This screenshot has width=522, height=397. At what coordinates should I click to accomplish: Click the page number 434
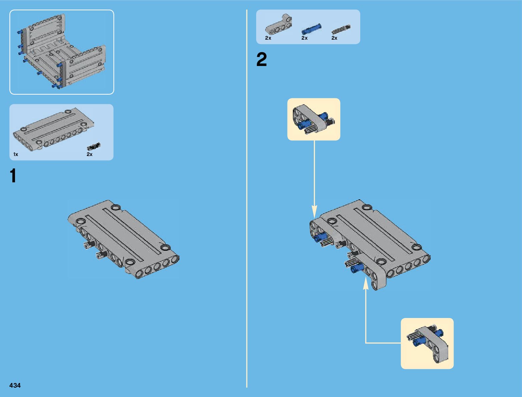(x=15, y=385)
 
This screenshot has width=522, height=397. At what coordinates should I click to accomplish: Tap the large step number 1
(x=13, y=176)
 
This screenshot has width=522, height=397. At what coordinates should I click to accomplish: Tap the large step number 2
(x=262, y=60)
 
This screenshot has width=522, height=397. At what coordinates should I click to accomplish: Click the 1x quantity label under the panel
(x=16, y=154)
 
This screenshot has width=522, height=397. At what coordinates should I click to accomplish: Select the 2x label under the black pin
(x=89, y=154)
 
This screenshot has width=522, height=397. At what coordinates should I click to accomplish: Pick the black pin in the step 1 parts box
(x=93, y=146)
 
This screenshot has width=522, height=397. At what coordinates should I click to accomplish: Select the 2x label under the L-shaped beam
(x=268, y=38)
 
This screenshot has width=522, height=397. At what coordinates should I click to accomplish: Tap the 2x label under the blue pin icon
(x=304, y=38)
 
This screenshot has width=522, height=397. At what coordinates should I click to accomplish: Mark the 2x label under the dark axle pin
(x=334, y=38)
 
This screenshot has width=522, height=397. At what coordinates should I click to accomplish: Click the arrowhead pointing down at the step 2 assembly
(x=314, y=212)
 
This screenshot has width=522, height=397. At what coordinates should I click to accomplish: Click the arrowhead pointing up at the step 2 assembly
(x=366, y=283)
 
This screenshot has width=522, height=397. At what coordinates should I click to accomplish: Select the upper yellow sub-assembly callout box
(x=314, y=119)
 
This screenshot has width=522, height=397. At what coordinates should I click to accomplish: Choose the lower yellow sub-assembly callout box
(x=427, y=343)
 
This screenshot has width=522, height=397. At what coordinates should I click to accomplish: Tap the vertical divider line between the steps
(x=247, y=200)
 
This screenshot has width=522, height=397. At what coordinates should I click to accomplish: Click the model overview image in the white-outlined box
(x=62, y=52)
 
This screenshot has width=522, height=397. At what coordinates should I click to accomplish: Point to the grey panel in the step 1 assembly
(x=123, y=238)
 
